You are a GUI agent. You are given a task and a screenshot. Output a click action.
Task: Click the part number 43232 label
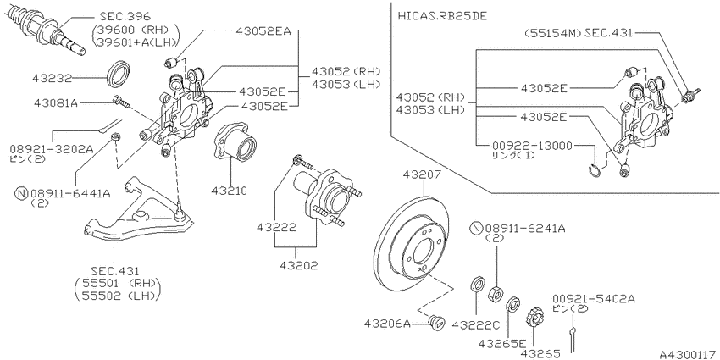pos(52,79)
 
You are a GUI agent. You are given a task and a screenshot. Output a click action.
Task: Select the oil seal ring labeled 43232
pos(119,73)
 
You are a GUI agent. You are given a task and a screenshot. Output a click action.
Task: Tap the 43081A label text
pos(55,102)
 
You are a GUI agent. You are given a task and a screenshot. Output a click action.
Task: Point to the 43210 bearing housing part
pos(234,141)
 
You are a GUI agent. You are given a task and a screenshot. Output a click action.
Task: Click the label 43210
pos(230,190)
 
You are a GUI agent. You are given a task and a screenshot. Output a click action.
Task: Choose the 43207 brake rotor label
pos(422,175)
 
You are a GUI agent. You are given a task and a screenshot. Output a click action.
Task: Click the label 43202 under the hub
pos(299,265)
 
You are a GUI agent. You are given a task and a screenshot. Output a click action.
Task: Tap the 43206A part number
pos(388,324)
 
